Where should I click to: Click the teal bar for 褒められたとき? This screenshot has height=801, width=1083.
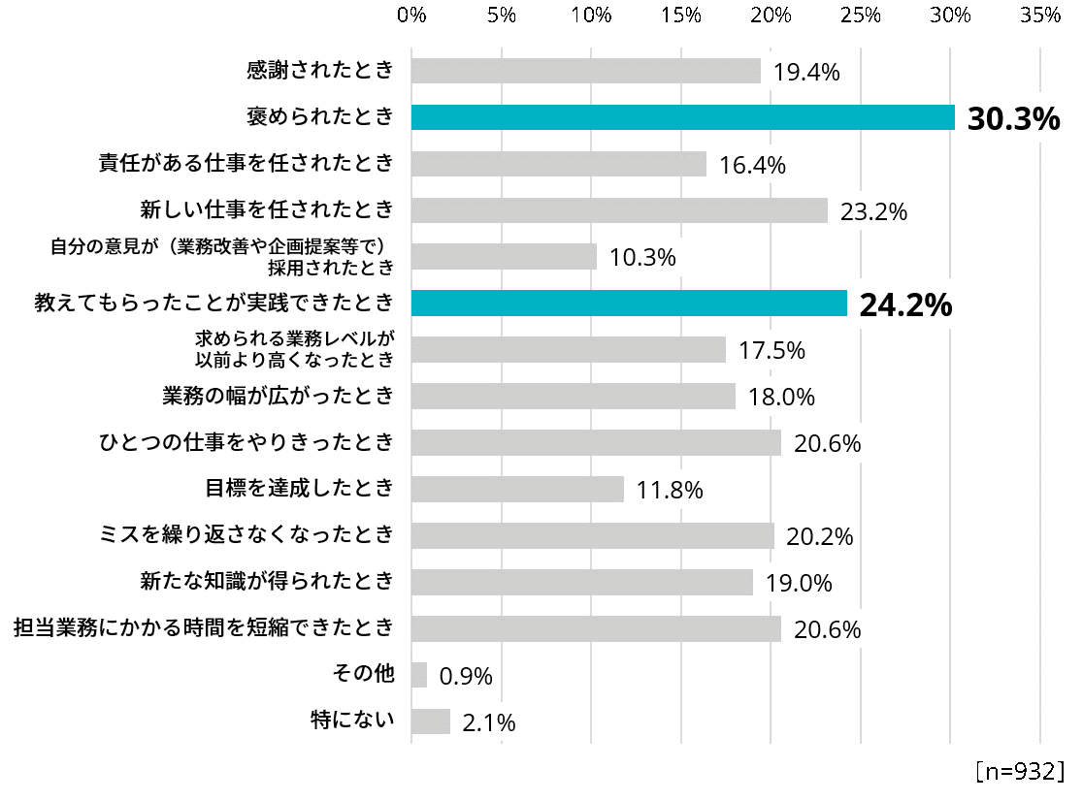click(683, 117)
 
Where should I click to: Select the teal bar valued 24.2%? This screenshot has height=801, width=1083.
click(629, 304)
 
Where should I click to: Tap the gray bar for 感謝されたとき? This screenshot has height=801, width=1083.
click(585, 71)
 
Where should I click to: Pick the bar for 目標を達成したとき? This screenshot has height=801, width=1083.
click(517, 490)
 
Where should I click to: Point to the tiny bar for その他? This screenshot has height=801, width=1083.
click(419, 675)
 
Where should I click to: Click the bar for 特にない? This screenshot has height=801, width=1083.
click(431, 721)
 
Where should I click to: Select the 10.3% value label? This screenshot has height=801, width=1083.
click(642, 259)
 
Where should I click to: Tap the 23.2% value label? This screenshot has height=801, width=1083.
click(874, 211)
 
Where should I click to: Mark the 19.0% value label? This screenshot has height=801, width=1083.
click(799, 584)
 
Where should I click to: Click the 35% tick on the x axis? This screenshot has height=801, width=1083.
click(1040, 16)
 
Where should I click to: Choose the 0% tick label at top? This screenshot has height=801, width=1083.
click(412, 16)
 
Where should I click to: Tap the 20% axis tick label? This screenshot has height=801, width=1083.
click(771, 16)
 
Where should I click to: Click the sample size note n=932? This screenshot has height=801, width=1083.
click(1020, 771)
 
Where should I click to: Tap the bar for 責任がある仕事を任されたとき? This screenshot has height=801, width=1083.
click(558, 164)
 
